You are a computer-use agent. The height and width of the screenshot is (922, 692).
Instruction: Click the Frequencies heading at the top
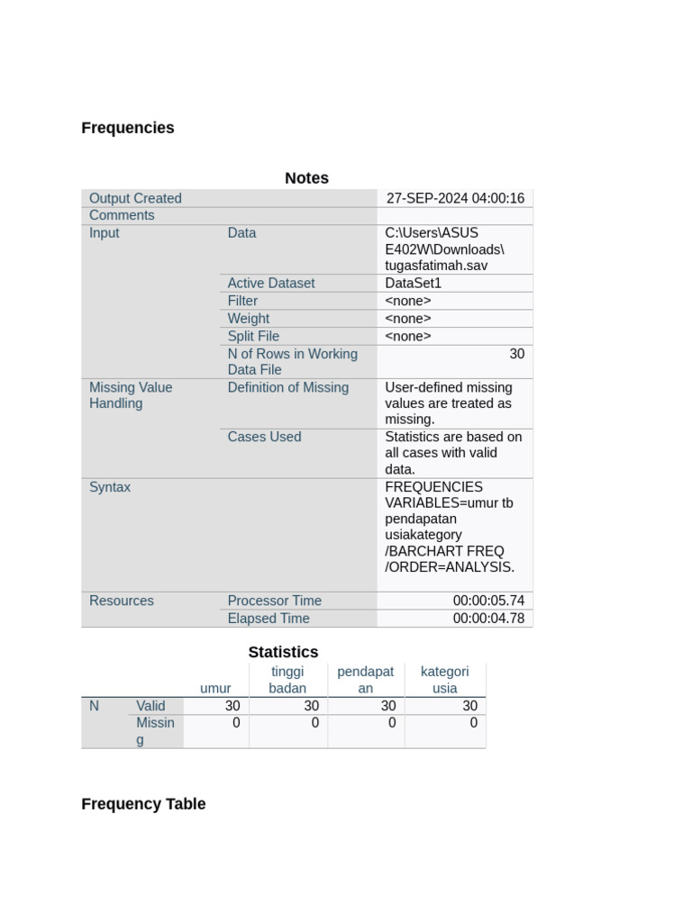point(128,128)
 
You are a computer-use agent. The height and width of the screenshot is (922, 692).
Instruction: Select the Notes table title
point(306,178)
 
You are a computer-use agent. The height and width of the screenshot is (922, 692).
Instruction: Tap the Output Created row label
point(135,198)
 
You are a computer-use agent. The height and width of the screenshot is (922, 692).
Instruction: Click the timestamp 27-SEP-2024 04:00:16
point(455,198)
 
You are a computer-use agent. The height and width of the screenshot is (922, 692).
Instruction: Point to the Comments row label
point(122,215)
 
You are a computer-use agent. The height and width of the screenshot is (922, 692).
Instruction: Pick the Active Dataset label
point(271,283)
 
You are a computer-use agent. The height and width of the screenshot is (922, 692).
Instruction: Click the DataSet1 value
point(414,283)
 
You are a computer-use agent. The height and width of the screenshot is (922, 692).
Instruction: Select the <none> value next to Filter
point(408,301)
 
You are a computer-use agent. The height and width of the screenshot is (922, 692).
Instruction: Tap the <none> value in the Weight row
point(408,319)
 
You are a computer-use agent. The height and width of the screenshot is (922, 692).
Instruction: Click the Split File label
point(253,336)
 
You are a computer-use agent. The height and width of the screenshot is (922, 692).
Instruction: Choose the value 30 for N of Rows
point(516,354)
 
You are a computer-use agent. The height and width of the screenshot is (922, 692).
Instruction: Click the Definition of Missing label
point(288,387)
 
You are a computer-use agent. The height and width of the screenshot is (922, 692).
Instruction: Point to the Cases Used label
point(264,437)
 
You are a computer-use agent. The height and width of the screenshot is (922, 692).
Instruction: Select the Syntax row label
point(110,487)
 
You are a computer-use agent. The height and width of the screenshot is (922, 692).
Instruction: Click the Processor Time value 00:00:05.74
point(488,601)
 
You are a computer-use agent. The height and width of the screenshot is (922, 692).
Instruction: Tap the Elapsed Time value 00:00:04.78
point(488,619)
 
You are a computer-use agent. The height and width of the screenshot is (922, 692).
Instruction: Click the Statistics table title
point(283,652)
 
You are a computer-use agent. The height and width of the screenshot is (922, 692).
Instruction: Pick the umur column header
point(215,688)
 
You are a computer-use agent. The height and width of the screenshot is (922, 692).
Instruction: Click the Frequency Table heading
point(143,804)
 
